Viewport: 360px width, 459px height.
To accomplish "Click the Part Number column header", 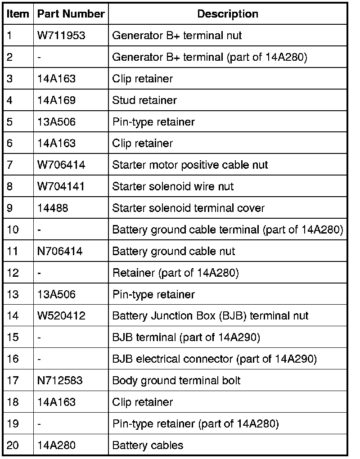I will [x=71, y=14].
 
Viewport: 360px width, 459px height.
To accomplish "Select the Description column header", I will [x=228, y=14].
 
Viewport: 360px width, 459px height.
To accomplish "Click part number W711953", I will [x=61, y=36].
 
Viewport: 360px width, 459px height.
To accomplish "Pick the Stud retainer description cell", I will [x=144, y=100].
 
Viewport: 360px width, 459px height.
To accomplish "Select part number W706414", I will [x=61, y=165].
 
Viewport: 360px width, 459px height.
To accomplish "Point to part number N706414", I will [x=60, y=251].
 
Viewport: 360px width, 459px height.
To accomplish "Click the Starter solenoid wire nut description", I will [x=173, y=186].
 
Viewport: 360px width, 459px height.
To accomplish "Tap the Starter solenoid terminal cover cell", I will [x=188, y=208].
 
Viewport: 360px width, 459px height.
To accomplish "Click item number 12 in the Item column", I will [x=13, y=273].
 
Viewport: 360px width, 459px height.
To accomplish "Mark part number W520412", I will [x=61, y=316].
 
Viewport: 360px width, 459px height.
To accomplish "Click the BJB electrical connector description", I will [x=214, y=359].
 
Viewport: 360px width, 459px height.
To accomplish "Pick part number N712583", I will [x=60, y=381].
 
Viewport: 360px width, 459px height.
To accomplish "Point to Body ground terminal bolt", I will [x=176, y=381].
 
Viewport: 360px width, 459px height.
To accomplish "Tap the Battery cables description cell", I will [x=148, y=445].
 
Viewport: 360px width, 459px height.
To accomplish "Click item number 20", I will [x=13, y=445].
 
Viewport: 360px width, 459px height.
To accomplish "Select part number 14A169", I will [x=57, y=100].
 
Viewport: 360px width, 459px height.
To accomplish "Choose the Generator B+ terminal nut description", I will [x=177, y=36].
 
